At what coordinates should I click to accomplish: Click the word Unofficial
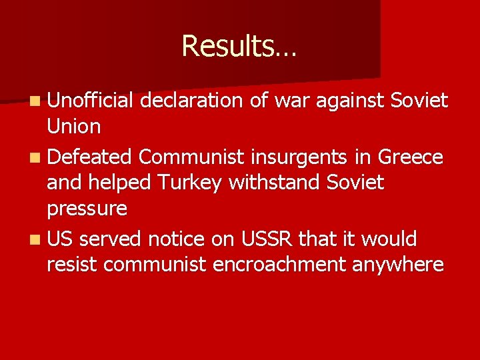coord(91,101)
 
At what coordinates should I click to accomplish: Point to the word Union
coord(74,126)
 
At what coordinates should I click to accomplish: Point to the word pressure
coord(87,208)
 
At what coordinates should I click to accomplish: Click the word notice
coord(178,238)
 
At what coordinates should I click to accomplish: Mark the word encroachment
coord(279,264)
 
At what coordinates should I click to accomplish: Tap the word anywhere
coord(398,264)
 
